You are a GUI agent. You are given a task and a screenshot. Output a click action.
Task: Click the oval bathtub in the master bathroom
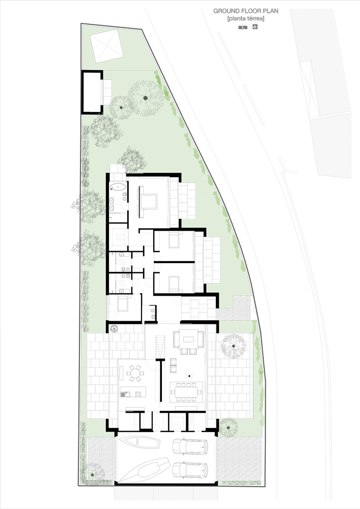(118, 187)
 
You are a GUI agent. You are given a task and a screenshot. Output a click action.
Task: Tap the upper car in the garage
(189, 446)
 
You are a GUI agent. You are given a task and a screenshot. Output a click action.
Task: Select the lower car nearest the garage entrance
(189, 470)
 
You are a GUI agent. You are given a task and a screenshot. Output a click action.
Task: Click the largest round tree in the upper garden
(145, 97)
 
